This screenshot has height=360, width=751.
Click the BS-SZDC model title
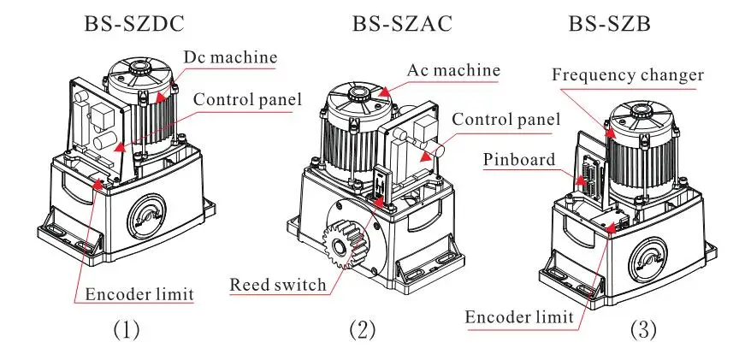[134, 24]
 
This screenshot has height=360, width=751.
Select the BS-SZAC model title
[402, 24]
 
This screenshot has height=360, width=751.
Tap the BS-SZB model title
[610, 24]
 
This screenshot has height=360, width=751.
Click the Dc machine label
[230, 57]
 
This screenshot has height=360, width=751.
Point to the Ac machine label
[453, 70]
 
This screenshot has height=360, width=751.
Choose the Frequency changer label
[628, 75]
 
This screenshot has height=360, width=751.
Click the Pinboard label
[518, 159]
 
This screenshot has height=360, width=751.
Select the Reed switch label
[278, 285]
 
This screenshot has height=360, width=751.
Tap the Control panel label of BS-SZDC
[247, 99]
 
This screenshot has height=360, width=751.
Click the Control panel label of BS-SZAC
[506, 119]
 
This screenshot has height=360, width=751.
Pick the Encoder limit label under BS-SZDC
[139, 294]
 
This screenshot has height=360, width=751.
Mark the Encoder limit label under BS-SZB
[519, 317]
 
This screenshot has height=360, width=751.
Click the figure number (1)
[127, 330]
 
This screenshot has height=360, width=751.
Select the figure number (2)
[363, 330]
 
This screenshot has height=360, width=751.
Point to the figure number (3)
[643, 330]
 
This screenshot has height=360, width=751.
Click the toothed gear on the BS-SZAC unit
[344, 245]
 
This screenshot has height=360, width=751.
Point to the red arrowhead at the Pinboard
[580, 180]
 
